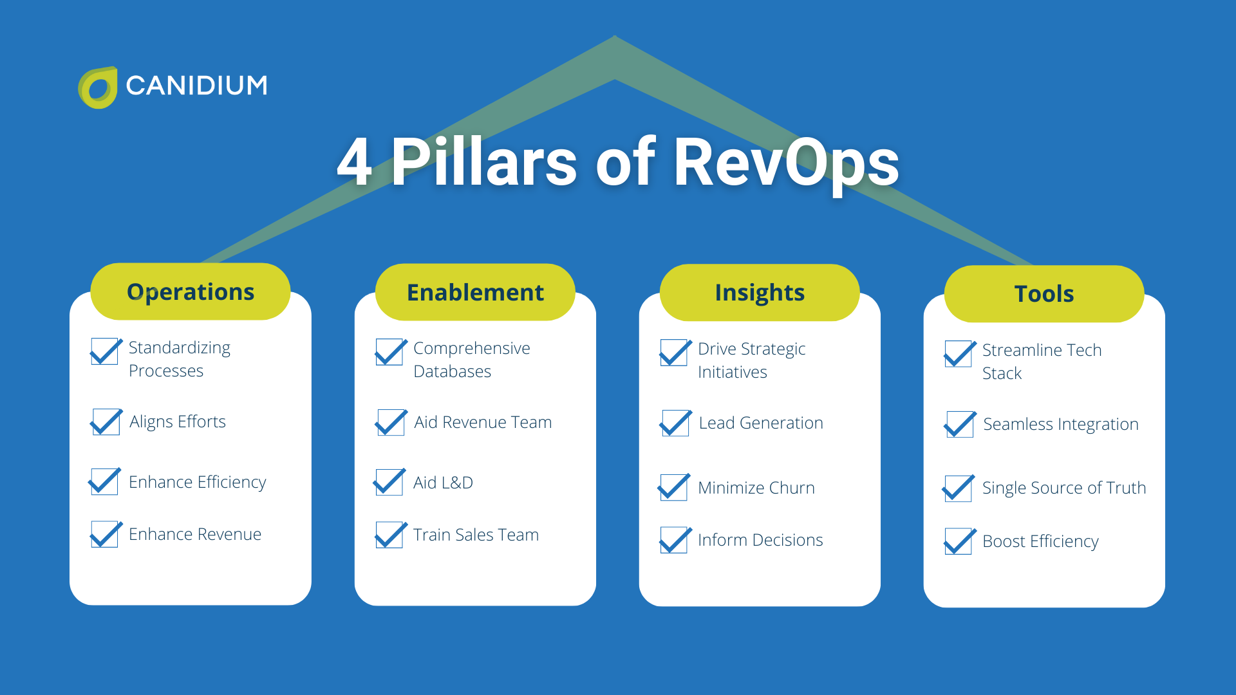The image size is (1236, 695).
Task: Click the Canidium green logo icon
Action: tap(98, 88)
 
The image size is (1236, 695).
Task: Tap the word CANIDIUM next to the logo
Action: tap(196, 86)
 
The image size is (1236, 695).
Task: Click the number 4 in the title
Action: tap(355, 162)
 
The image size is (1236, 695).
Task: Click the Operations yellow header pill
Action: tap(191, 292)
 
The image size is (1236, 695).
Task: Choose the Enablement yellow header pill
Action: tap(475, 292)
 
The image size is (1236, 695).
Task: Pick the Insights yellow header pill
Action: tap(760, 293)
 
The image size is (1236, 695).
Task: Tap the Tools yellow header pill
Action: tap(1044, 294)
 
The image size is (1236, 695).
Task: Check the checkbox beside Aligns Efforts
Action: tap(106, 422)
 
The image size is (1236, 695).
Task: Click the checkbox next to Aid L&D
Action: tap(389, 482)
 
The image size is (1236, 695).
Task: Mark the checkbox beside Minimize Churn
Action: tap(674, 488)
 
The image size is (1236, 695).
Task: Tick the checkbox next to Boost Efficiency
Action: tap(959, 541)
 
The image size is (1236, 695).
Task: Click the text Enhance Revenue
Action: tap(195, 534)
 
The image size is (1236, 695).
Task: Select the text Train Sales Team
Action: tap(476, 535)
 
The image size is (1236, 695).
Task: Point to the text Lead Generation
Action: tap(761, 423)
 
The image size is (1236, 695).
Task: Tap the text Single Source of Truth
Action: tap(1063, 488)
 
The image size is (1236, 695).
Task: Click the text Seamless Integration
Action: tap(1060, 424)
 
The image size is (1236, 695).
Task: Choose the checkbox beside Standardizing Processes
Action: tap(106, 352)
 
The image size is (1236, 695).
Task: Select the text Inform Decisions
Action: tap(760, 540)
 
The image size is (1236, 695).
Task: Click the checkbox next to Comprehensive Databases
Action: tap(390, 353)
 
